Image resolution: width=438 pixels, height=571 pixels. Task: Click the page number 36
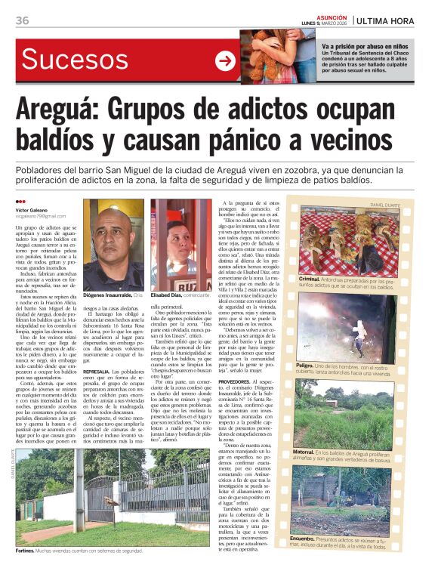tap(22, 20)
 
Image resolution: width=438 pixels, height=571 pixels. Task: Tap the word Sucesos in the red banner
tap(73, 60)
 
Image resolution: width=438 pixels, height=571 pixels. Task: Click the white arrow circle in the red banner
tap(225, 61)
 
